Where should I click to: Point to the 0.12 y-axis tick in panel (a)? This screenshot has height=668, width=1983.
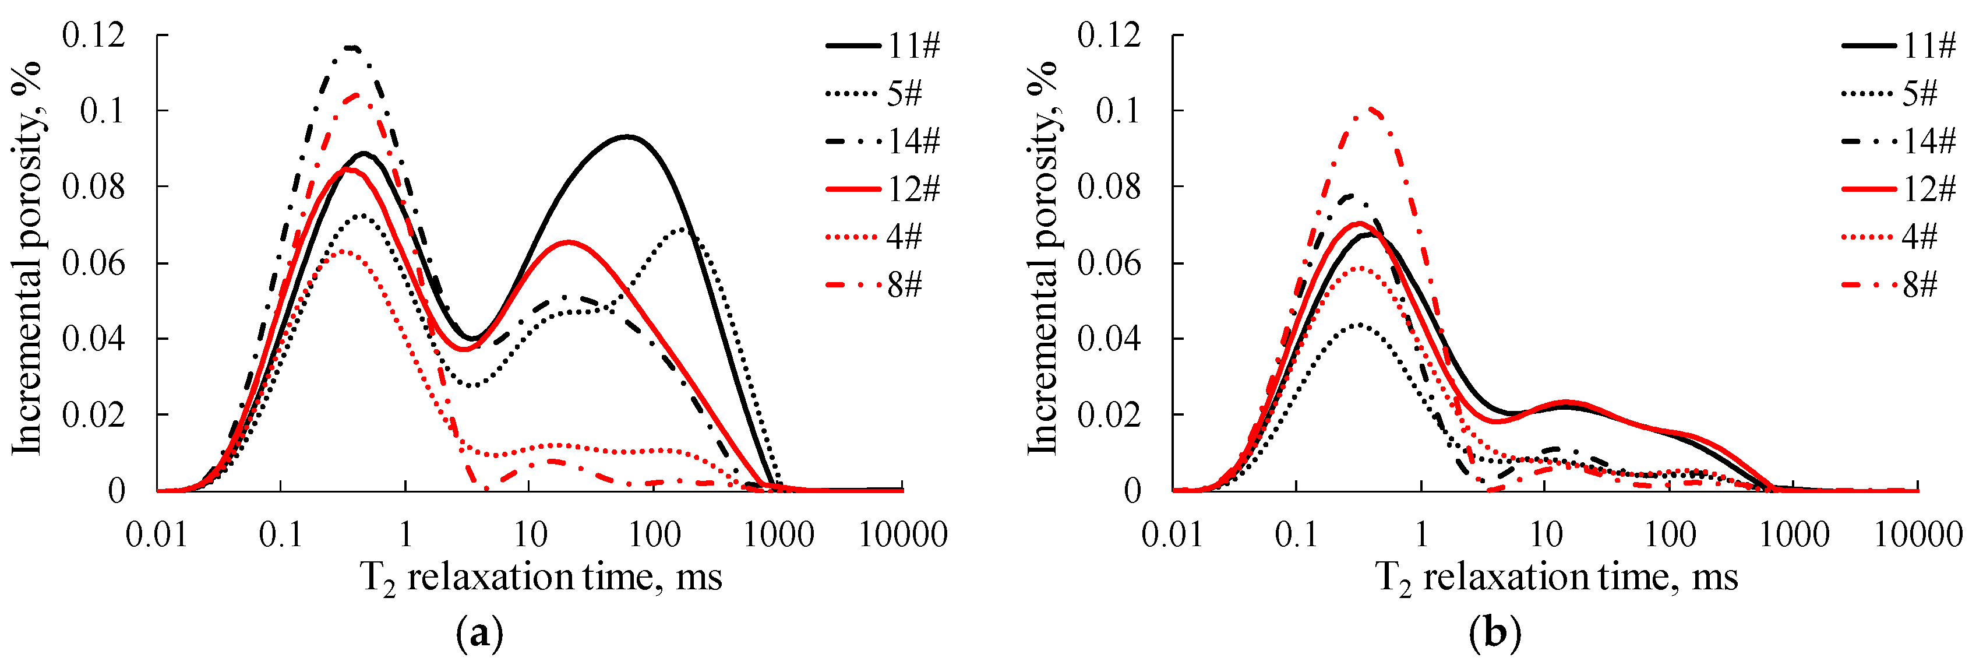click(x=93, y=36)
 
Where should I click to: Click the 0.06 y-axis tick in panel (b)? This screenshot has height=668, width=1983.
click(x=1109, y=263)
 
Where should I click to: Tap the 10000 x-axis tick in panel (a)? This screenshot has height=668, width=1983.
click(x=902, y=535)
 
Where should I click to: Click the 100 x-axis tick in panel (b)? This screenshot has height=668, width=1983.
click(x=1670, y=535)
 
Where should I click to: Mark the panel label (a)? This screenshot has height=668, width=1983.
click(x=479, y=635)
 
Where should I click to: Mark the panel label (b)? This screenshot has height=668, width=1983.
click(x=1495, y=635)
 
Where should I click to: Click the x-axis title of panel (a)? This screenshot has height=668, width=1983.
click(x=541, y=578)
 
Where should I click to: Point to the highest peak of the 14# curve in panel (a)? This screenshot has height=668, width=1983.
click(x=352, y=48)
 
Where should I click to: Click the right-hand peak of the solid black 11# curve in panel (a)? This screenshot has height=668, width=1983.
click(x=627, y=137)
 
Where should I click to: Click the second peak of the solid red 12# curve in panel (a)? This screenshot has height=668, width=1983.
click(x=568, y=242)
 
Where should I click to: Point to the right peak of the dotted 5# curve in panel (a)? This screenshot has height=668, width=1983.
click(x=681, y=229)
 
